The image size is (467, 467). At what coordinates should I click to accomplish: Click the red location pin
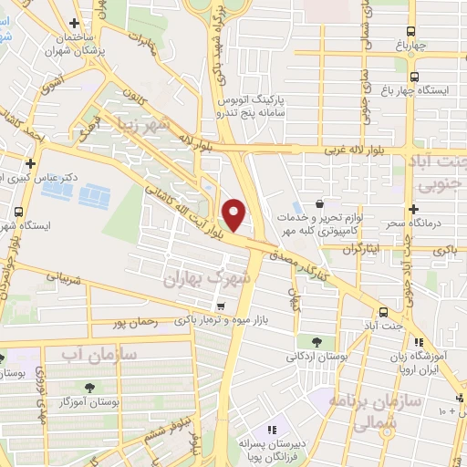point(234,213)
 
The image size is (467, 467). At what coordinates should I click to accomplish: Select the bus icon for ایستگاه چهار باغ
point(415,77)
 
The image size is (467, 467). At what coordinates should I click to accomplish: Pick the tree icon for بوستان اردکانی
point(316,341)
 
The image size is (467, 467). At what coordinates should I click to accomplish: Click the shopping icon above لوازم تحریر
point(320,203)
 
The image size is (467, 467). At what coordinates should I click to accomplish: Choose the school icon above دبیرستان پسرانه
point(270,429)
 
